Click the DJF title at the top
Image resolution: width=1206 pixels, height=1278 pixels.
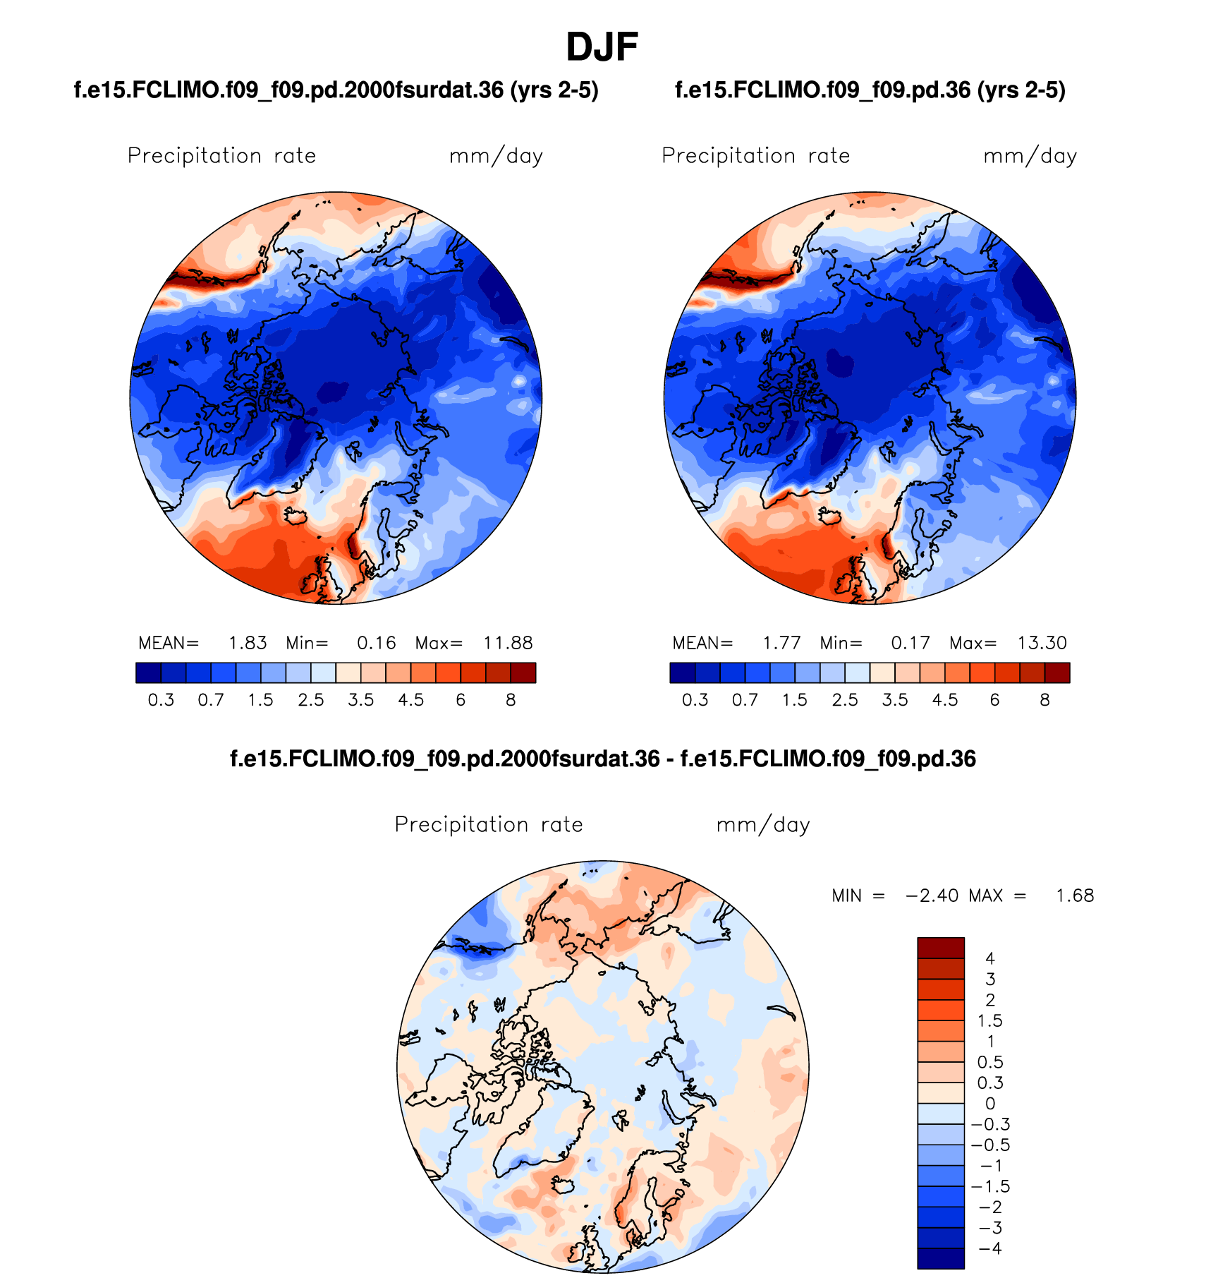[x=602, y=47]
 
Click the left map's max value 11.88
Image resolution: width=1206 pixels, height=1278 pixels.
[x=507, y=643]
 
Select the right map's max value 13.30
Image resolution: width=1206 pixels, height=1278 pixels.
[x=1042, y=643]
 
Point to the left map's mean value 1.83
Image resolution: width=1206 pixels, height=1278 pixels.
[x=248, y=643]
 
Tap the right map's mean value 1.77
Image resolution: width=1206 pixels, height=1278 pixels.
[x=781, y=643]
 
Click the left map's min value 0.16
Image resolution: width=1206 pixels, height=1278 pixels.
[x=377, y=643]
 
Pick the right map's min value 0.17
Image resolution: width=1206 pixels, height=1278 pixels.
[x=910, y=643]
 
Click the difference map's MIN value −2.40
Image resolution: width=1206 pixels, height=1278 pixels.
[x=932, y=896]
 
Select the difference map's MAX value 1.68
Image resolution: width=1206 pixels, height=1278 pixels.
[x=1075, y=896]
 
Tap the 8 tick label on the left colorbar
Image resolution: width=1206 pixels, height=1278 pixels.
[x=511, y=700]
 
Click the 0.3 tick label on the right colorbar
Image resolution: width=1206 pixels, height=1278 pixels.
[x=695, y=700]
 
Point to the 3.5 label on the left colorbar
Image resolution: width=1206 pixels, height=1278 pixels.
[x=361, y=700]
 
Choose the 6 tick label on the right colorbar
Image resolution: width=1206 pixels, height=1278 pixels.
[x=994, y=700]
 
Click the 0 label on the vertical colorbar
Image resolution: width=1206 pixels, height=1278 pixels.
[x=990, y=1104]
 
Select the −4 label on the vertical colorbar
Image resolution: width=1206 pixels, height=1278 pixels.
[x=989, y=1248]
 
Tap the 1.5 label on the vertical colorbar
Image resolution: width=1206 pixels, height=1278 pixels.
[x=989, y=1020]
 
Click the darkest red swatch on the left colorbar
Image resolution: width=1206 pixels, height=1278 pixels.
[x=523, y=673]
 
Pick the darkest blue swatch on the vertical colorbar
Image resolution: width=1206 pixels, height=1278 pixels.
[x=941, y=1258]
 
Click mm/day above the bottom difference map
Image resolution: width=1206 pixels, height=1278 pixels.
[x=763, y=825]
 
